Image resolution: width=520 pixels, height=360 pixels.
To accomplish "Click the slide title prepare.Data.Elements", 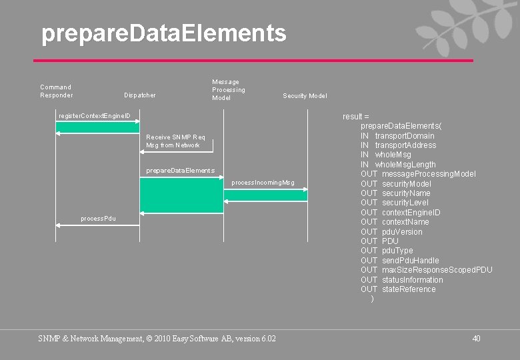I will click(x=163, y=33).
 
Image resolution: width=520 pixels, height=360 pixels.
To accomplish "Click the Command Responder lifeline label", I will click(x=56, y=91).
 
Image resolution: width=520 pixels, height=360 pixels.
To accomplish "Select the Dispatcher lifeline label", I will click(x=140, y=95).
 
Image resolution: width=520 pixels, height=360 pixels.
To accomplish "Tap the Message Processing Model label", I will click(x=229, y=90).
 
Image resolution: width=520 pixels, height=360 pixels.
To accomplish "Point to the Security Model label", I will click(x=305, y=96).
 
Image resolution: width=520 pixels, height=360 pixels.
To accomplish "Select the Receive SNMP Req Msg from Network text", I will click(x=176, y=141).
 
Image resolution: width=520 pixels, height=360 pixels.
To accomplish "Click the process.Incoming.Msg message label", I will click(x=263, y=182).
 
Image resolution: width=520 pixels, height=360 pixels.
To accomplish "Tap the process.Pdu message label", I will click(x=98, y=218).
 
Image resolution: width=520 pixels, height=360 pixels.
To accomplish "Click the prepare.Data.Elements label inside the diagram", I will click(x=180, y=171).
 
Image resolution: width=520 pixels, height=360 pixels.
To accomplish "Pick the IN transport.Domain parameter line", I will click(x=397, y=136).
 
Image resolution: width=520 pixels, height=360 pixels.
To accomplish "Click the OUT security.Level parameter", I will click(x=395, y=203).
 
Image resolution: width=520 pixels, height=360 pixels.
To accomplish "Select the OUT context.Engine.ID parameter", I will click(x=401, y=213).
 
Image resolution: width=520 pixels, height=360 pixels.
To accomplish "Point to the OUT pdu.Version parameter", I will click(x=391, y=232).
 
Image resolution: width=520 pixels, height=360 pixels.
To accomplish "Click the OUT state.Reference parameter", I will click(x=398, y=289).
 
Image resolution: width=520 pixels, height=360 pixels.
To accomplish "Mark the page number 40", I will click(x=476, y=339).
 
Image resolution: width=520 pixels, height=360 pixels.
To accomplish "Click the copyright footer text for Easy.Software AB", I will click(x=157, y=339).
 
